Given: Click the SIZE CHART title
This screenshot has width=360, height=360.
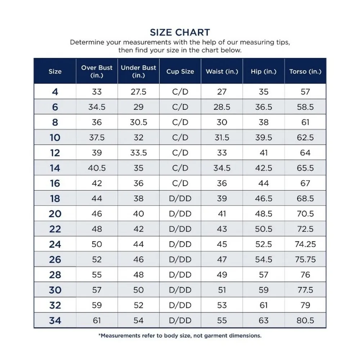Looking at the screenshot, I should coord(180,32).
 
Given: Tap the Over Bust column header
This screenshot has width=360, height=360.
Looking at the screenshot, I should coord(97,71).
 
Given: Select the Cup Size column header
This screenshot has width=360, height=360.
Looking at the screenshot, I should coord(180,71).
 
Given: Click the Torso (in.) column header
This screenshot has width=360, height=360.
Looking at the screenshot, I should coord(305,71).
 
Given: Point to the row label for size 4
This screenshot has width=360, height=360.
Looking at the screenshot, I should coord(55,92).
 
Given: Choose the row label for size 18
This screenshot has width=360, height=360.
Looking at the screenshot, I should coord(55,198).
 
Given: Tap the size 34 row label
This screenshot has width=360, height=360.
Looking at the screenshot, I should coord(55,320).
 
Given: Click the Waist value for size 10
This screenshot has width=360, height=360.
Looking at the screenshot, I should coord(222,138).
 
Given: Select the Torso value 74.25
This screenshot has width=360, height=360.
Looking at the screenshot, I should coord(305,244).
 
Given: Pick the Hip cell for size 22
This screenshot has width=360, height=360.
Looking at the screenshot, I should coord(264,229).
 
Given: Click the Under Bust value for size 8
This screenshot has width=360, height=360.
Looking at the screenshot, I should coord(138,122).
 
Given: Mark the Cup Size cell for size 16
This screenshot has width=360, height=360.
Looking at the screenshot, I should coord(180,183).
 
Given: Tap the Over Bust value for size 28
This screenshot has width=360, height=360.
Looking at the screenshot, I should coord(97,275).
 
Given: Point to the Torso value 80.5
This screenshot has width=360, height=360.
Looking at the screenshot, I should coord(305,320).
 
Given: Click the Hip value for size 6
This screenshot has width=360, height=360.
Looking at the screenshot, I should coord(264,107).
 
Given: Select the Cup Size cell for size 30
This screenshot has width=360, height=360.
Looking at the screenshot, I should coord(180,290).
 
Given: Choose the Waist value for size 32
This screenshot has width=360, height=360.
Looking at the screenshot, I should coord(222,305).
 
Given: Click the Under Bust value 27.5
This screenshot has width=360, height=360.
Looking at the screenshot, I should coord(138,92).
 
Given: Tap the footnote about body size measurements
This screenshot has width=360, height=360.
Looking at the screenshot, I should coord(180,336).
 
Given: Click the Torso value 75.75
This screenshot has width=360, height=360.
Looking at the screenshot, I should coord(305,260).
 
